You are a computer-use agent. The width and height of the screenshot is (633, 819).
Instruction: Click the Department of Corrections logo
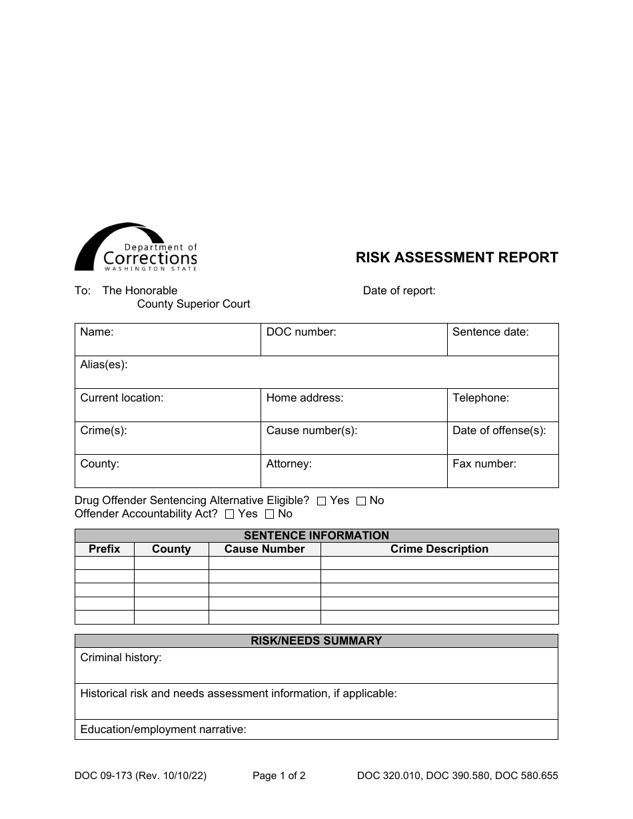click(136, 248)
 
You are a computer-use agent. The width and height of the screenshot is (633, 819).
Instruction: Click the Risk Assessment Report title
click(456, 258)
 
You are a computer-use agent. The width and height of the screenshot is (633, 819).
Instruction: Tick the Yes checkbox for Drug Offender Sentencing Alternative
click(322, 501)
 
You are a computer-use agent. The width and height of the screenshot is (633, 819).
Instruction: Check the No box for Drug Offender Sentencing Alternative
click(361, 501)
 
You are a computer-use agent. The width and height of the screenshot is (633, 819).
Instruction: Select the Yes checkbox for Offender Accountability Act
click(230, 514)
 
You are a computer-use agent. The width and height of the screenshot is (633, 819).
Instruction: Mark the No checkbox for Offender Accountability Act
click(270, 514)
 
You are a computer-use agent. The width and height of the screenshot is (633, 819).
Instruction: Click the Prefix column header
click(105, 549)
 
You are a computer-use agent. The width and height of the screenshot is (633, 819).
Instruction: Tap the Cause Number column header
click(265, 549)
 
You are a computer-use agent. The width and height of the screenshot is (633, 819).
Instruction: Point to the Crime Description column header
click(439, 549)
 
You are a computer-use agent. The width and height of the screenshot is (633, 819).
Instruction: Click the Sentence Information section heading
click(316, 535)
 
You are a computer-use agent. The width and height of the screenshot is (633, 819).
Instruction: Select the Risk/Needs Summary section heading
click(316, 641)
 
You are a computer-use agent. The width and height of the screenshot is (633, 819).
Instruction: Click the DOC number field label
click(301, 332)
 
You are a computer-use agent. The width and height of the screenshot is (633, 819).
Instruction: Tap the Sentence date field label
click(490, 332)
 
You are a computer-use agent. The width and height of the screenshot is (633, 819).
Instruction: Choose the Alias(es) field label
click(104, 365)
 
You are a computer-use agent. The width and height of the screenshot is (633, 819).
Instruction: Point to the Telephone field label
click(480, 398)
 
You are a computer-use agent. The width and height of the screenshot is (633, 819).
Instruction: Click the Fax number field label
click(484, 464)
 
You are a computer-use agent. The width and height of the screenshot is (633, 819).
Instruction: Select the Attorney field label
click(289, 464)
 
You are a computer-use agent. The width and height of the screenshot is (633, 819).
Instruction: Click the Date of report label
click(399, 291)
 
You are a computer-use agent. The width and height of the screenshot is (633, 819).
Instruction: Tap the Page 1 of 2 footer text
click(279, 776)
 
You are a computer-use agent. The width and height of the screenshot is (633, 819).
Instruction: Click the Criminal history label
click(121, 658)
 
